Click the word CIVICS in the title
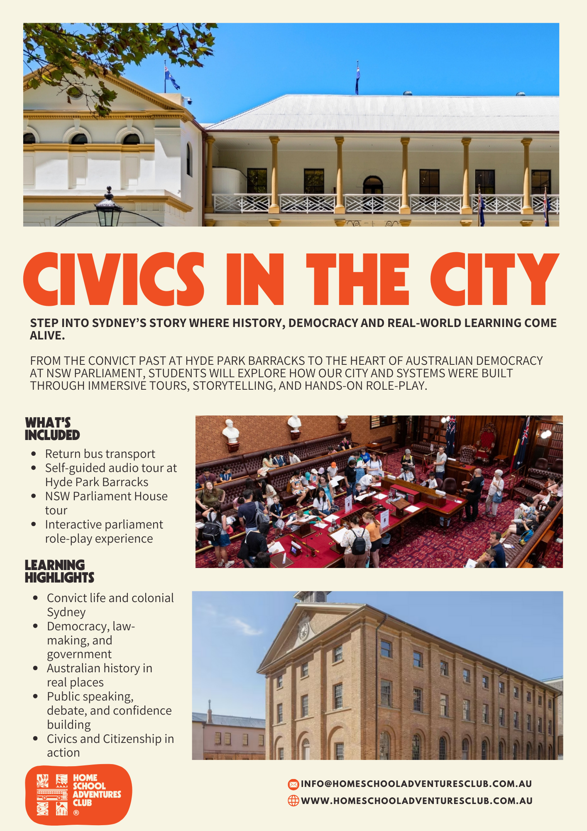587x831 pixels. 114,279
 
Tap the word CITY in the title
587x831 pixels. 494,279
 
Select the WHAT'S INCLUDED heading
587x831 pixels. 52,429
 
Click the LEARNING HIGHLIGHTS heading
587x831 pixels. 59,571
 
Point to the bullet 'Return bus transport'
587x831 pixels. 100,454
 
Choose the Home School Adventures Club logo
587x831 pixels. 78,794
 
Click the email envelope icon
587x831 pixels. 293,784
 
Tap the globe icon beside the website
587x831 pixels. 293,801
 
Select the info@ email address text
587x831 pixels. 416,784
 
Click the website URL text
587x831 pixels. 417,801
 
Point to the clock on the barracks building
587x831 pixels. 304,632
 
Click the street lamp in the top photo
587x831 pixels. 108,208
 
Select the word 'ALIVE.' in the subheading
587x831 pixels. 47,336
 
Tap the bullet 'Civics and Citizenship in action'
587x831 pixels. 110,746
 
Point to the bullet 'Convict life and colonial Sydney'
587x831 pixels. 110,605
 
